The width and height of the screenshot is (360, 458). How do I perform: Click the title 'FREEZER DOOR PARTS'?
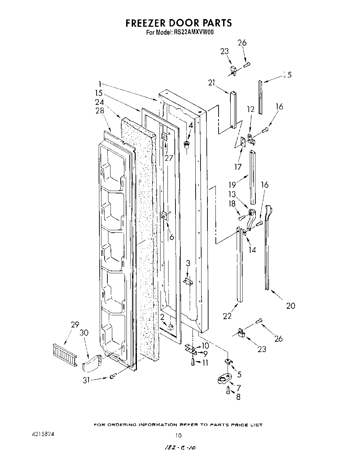[178, 23]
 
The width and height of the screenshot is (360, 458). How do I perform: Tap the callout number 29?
[75, 325]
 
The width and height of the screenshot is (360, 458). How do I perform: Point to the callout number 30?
[84, 333]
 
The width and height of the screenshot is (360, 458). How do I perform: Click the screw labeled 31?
[112, 376]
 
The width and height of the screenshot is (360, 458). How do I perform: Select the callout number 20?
[291, 305]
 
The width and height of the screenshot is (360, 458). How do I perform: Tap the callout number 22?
[227, 316]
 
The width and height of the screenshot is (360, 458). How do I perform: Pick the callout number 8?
[238, 397]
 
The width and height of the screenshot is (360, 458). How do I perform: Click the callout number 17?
[238, 167]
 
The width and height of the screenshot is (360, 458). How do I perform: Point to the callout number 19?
[232, 184]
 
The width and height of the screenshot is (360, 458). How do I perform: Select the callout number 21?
[212, 83]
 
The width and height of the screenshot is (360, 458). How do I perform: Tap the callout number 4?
[190, 126]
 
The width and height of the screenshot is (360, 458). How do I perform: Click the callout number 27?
[169, 158]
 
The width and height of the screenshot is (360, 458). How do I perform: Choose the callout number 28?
[100, 111]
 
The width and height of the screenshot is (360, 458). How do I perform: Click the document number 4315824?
[41, 434]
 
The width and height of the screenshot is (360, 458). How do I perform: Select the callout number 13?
[232, 194]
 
